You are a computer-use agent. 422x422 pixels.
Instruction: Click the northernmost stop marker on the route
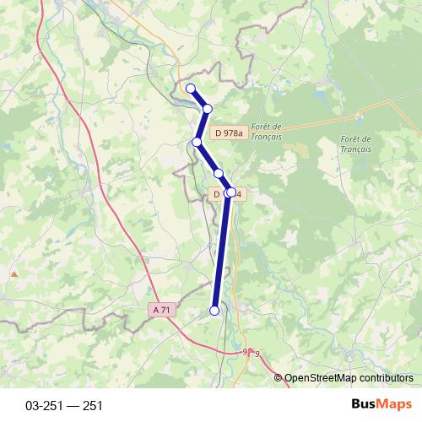190,88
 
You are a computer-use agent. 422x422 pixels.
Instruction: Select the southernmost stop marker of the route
214,311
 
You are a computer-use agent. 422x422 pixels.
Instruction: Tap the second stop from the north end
207,108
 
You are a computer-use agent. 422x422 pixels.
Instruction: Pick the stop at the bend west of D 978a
197,142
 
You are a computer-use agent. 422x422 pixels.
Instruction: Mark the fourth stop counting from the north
218,173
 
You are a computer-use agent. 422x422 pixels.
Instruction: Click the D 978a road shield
229,133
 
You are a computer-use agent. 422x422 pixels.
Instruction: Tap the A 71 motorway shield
161,310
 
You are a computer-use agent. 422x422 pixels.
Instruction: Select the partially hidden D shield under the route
219,194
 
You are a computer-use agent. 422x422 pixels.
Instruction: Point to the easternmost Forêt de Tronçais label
355,143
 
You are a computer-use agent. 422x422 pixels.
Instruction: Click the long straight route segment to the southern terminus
221,253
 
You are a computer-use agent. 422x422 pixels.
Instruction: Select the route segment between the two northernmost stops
198,98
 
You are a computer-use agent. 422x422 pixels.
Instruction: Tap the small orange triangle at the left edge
14,273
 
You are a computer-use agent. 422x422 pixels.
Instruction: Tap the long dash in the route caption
71,406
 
